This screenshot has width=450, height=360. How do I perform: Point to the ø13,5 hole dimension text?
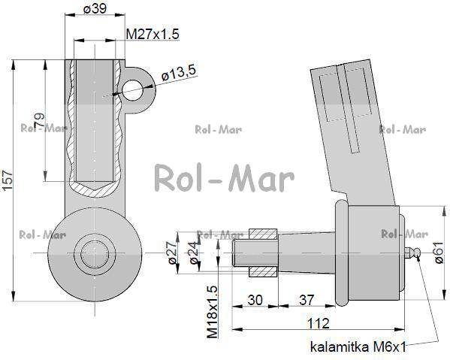(178, 72)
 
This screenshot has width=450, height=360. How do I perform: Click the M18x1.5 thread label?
(212, 310)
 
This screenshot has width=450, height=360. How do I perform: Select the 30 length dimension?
(256, 299)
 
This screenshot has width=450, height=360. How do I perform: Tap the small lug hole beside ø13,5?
(133, 91)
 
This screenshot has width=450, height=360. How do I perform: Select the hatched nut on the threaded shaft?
(262, 251)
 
